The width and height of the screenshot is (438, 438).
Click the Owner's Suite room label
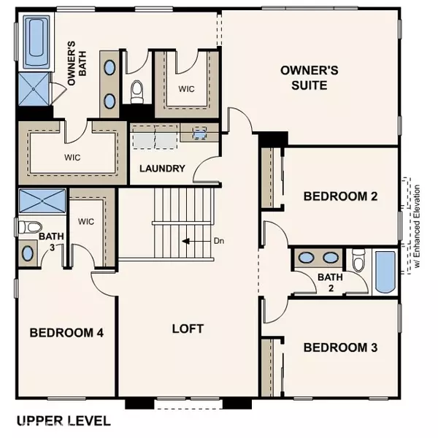coord(310,77)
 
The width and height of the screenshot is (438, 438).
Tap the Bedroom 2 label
coord(340,196)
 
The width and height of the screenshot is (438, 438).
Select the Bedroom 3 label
coord(340,347)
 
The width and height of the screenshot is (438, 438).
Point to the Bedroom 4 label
coord(66,332)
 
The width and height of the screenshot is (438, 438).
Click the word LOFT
coord(188,328)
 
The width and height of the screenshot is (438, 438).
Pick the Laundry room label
coord(161,169)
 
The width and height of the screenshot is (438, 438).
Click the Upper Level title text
coord(64,420)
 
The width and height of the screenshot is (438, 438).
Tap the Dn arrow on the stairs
coord(190,240)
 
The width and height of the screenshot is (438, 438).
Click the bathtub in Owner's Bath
coord(37,42)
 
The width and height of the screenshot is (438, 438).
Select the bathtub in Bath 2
coord(384,272)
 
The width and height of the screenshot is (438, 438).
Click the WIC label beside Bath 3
coord(87,221)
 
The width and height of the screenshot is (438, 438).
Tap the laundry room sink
coord(200,134)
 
